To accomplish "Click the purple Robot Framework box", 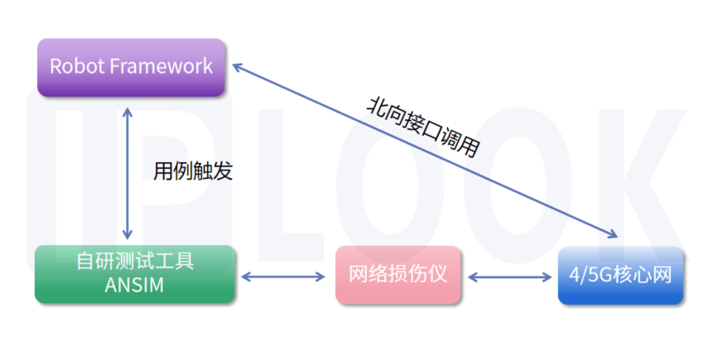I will [131, 67].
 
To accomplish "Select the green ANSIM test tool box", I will [135, 273].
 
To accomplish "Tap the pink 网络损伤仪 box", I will [398, 274].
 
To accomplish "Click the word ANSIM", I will [135, 286].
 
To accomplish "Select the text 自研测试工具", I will [135, 262].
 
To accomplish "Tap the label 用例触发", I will [193, 171].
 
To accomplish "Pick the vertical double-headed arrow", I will [127, 172].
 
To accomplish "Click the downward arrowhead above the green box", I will [127, 235].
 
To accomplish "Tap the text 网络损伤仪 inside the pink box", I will [398, 274].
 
